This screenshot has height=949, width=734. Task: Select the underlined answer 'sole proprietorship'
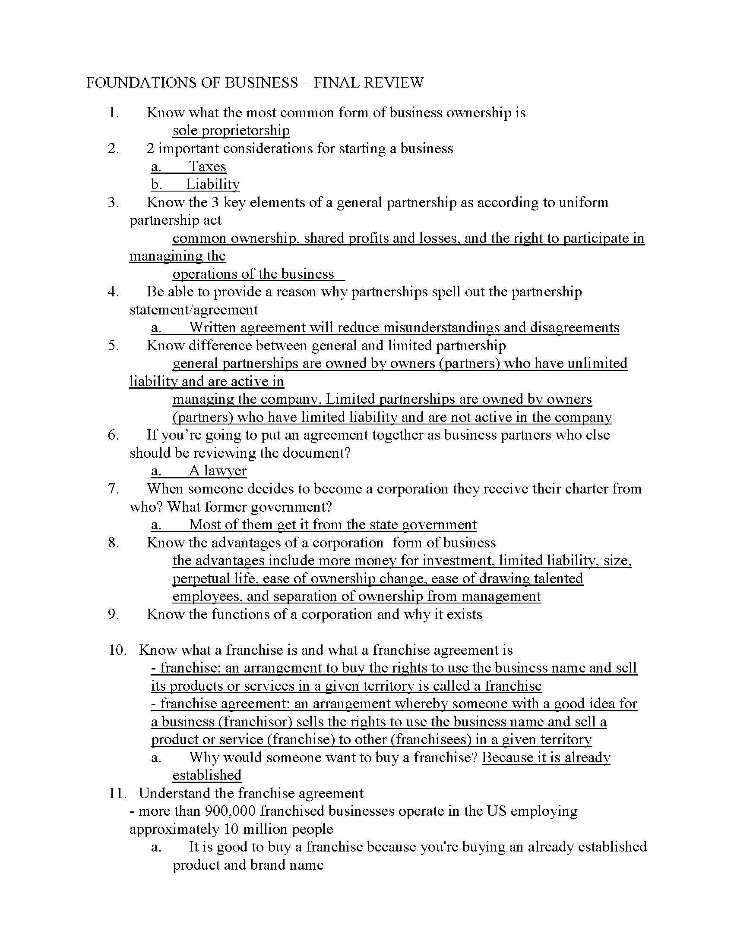231,130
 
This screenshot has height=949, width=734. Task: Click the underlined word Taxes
207,167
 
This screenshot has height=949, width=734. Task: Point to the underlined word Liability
212,184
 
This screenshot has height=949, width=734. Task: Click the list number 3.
114,202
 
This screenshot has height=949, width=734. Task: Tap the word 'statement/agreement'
193,310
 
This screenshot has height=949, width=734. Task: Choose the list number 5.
114,346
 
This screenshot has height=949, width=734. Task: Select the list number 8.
114,543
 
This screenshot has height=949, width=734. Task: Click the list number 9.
114,614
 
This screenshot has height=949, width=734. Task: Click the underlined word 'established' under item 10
207,775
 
